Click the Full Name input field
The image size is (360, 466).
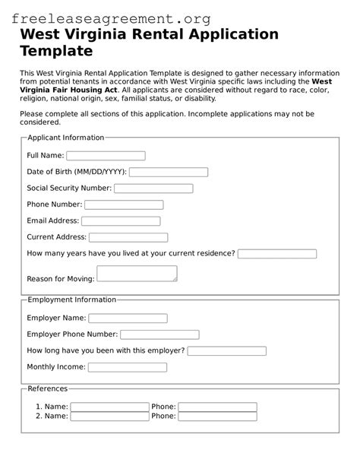click(x=106, y=156)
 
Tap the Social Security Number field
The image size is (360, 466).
click(x=153, y=189)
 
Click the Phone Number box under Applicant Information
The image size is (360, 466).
click(x=124, y=204)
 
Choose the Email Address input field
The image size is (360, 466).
click(x=121, y=221)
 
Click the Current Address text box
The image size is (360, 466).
click(x=128, y=238)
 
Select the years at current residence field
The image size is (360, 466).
click(x=277, y=254)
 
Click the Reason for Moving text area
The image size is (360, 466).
click(x=137, y=274)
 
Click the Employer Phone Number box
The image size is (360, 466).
click(x=159, y=334)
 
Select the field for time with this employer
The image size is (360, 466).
click(x=226, y=351)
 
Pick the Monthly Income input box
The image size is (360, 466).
click(x=128, y=367)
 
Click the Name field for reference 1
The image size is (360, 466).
click(x=109, y=407)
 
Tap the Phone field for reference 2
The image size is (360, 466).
click(x=217, y=417)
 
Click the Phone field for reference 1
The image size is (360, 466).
click(x=217, y=407)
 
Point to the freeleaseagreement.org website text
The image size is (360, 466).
click(x=111, y=17)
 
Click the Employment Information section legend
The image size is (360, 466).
click(x=71, y=300)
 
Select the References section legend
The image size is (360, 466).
click(x=47, y=388)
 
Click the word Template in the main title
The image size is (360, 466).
click(x=56, y=51)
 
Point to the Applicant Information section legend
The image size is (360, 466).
click(x=65, y=138)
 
